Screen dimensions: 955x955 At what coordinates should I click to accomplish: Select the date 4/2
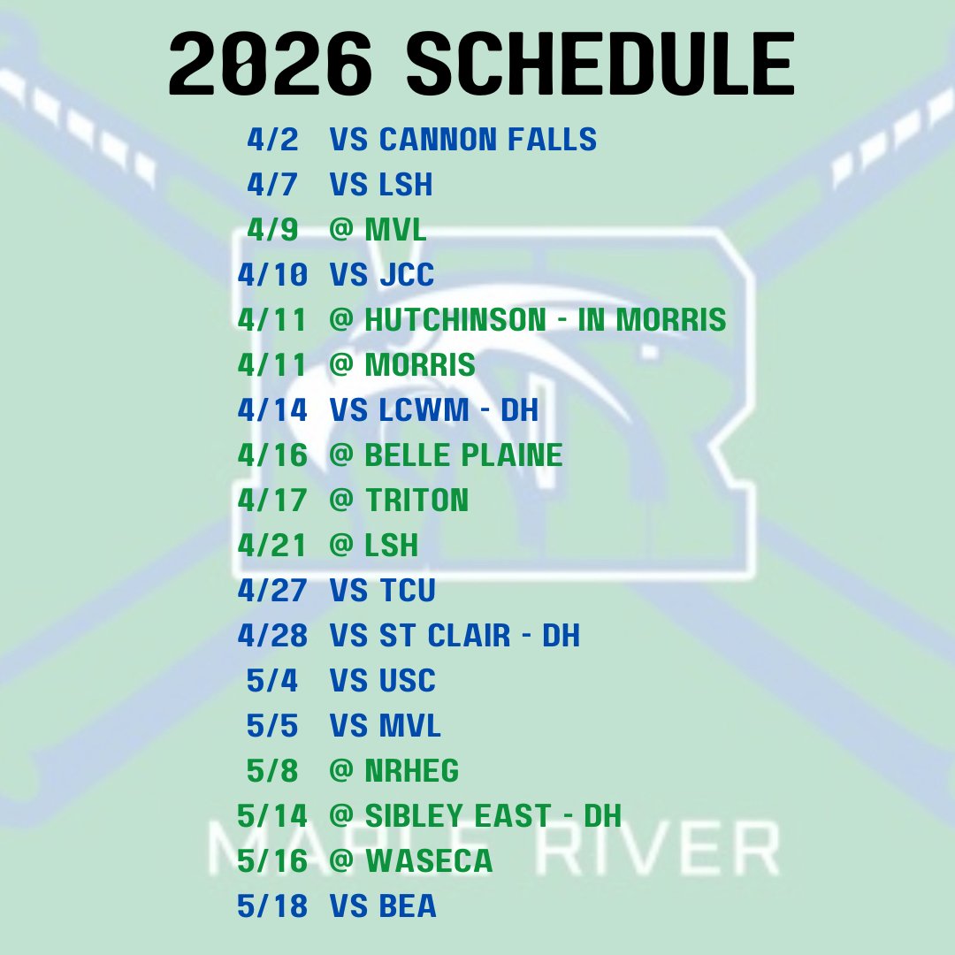tap(272, 140)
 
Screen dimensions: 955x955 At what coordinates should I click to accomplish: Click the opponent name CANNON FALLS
tap(487, 140)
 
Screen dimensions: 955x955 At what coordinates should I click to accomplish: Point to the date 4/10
tap(272, 275)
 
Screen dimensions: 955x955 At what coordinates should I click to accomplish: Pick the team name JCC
tap(407, 275)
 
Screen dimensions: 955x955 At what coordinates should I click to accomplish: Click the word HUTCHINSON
tap(455, 320)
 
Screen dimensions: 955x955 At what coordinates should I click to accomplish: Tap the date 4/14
tap(272, 410)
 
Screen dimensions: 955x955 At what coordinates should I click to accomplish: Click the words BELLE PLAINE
tap(463, 455)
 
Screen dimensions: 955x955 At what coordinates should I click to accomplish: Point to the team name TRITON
tap(416, 500)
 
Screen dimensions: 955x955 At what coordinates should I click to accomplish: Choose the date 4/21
tap(272, 546)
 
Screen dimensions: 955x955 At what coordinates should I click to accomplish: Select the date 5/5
tap(272, 726)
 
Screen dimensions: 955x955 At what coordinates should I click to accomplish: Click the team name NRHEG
tap(411, 771)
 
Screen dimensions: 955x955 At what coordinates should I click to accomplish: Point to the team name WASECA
tap(428, 861)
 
